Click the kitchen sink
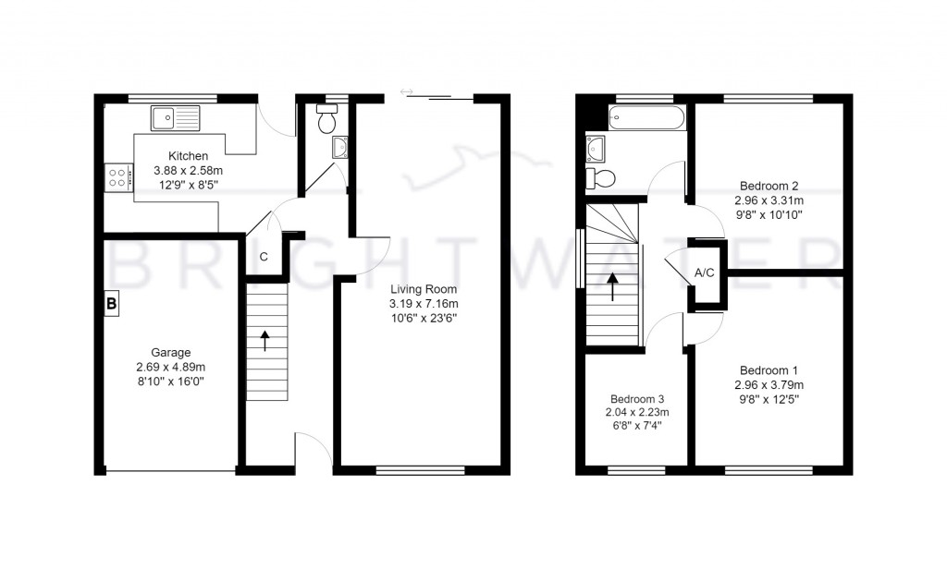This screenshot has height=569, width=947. (176, 117)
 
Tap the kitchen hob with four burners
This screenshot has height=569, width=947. (117, 176)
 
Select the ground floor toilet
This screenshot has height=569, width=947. (326, 121)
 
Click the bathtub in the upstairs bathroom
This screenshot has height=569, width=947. (646, 117)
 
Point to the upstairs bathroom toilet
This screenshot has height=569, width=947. (602, 178)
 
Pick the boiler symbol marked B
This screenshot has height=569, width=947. (111, 303)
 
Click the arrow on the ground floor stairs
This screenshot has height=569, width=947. (266, 340)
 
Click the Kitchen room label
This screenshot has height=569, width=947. (188, 156)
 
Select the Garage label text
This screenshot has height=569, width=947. (171, 352)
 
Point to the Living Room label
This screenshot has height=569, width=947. (424, 288)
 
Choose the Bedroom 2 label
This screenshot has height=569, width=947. (769, 184)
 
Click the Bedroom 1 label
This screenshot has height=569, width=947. (769, 370)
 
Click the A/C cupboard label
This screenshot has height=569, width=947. (705, 273)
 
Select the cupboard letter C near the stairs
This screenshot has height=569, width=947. (264, 257)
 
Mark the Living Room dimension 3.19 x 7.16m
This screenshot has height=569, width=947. (424, 303)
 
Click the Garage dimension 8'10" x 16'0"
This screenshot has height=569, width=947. (171, 381)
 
